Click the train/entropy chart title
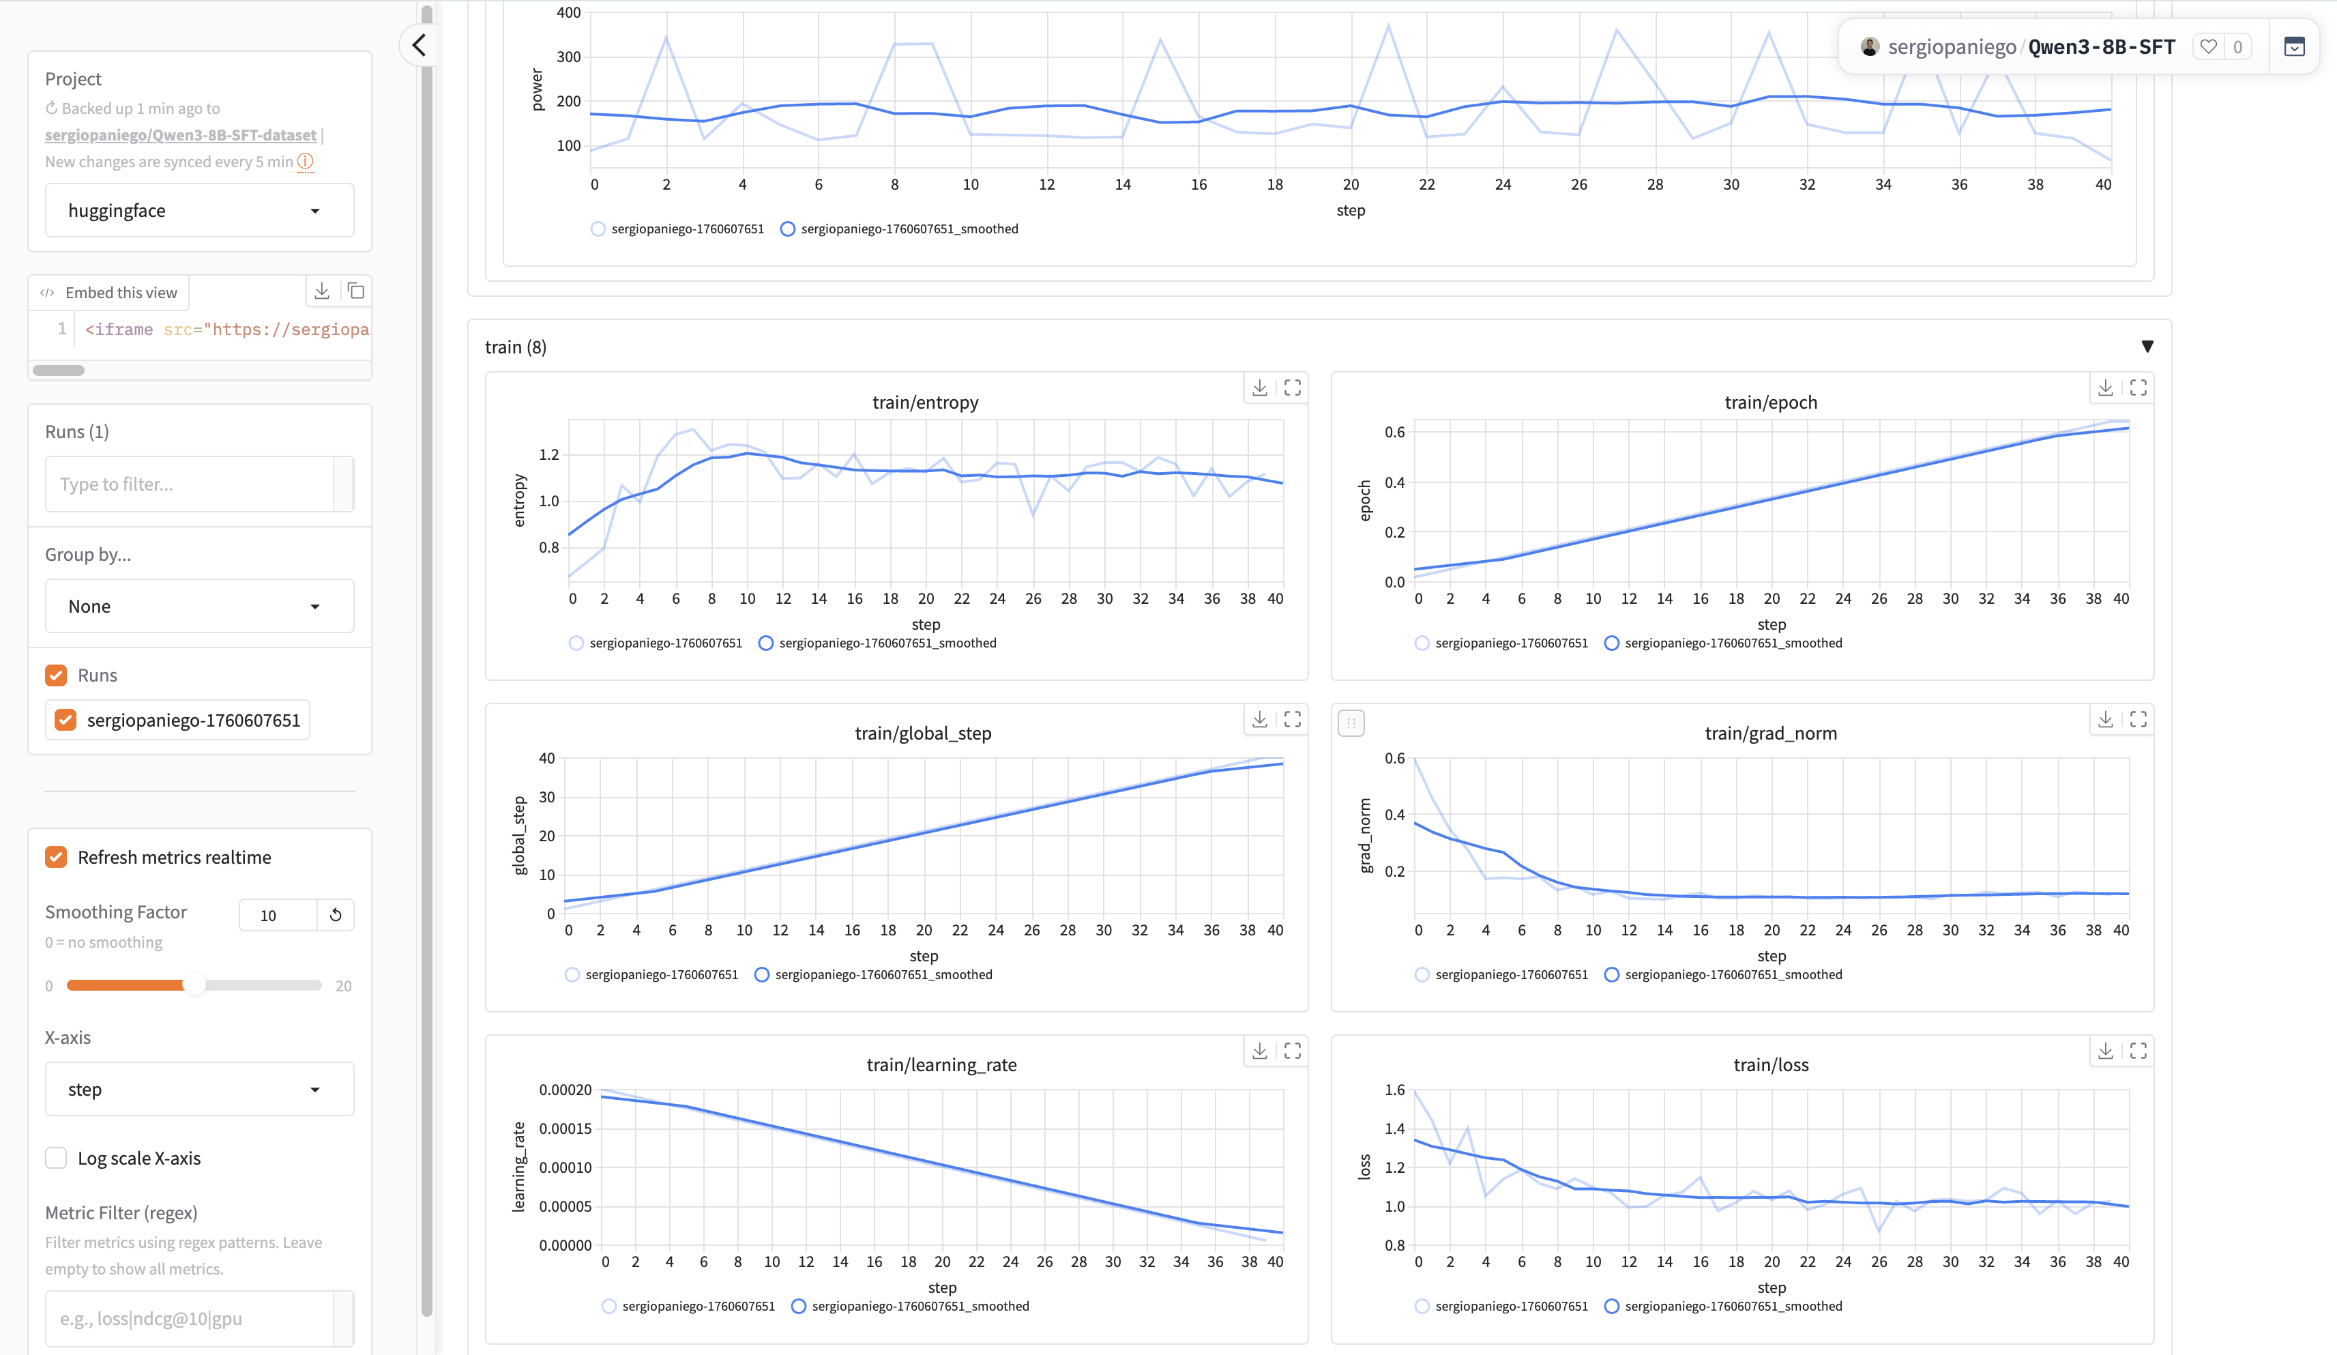[924, 403]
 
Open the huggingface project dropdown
[199, 211]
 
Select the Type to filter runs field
[190, 484]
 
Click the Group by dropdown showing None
[199, 607]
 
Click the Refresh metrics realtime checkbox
[57, 857]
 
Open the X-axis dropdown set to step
[199, 1089]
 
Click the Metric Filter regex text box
[190, 1318]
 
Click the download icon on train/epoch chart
[2105, 388]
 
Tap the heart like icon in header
[2208, 46]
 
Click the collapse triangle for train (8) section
[2147, 347]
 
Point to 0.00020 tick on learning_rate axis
[565, 1090]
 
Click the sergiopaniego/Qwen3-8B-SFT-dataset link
[181, 135]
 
